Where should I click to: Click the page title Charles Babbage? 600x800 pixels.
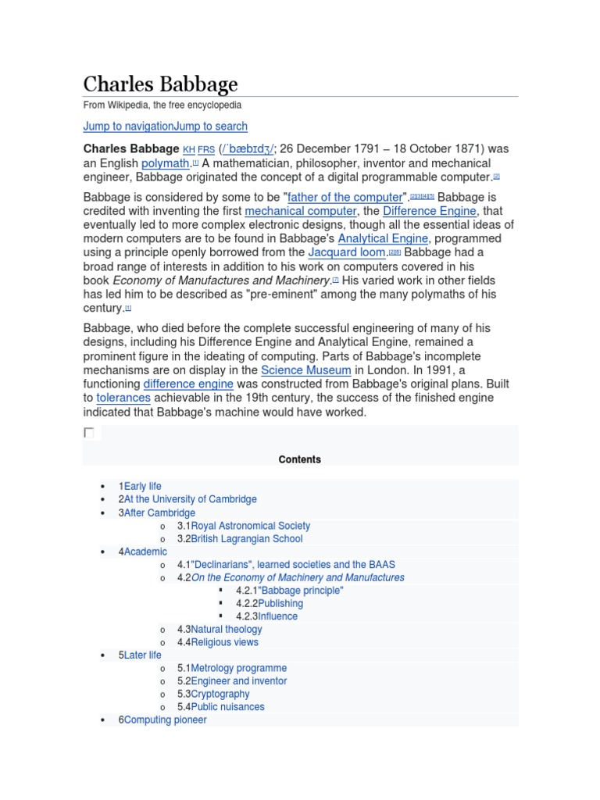[x=160, y=84]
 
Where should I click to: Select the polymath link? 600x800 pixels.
[x=166, y=163]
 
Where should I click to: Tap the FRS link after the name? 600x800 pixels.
[x=206, y=149]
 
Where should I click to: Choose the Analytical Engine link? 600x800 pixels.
[x=383, y=238]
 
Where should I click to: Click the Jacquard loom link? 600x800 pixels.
[x=347, y=252]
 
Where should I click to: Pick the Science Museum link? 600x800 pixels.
[x=306, y=370]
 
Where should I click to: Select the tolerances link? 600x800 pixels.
[x=123, y=398]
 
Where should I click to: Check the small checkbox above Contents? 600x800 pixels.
[x=89, y=433]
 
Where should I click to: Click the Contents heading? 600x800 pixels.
[x=300, y=459]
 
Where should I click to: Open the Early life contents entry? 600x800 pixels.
[x=142, y=486]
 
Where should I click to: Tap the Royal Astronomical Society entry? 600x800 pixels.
[x=250, y=526]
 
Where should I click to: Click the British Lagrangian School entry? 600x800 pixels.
[x=246, y=538]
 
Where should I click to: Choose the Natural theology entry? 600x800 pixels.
[x=227, y=629]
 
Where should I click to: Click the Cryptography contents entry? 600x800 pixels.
[x=220, y=694]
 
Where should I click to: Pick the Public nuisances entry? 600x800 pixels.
[x=227, y=707]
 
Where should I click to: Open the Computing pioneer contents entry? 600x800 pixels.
[x=165, y=720]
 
